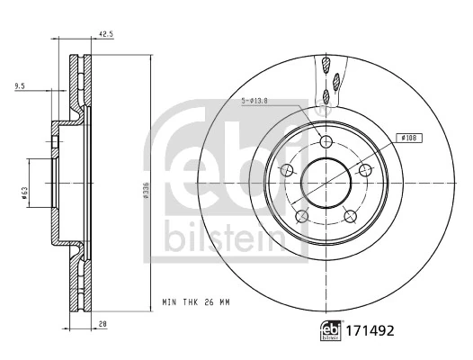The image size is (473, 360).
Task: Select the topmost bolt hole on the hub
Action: pos(325,140)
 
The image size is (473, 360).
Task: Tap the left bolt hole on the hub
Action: pos(288,171)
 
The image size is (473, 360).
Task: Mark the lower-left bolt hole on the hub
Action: pos(302,215)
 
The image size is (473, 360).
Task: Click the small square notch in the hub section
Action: pos(58,142)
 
